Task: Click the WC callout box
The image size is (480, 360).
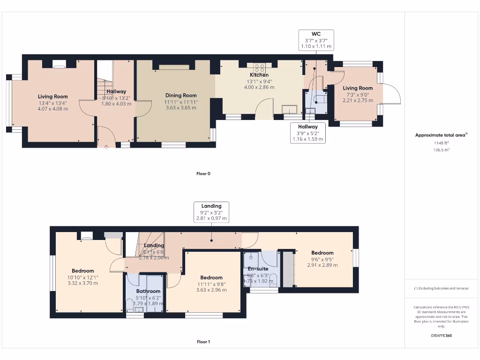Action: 315,40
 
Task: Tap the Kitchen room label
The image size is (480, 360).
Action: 259,75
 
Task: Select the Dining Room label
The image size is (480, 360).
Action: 180,96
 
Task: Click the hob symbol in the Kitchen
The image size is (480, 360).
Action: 260,67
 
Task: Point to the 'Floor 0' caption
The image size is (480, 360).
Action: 203,173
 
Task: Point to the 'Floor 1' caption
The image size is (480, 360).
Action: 203,342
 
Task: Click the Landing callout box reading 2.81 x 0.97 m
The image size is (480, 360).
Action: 211,212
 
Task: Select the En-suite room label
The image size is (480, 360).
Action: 258,269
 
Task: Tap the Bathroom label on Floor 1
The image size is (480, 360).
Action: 148,292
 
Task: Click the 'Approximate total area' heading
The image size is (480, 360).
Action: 441,135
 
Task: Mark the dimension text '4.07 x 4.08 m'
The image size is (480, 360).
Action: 53,109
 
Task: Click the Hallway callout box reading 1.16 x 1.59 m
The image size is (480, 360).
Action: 308,133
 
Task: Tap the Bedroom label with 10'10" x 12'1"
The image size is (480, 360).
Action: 82,271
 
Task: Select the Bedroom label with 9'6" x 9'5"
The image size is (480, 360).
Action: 322,253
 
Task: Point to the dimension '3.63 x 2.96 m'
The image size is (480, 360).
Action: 211,290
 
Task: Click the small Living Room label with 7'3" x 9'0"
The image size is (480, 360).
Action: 358,88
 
